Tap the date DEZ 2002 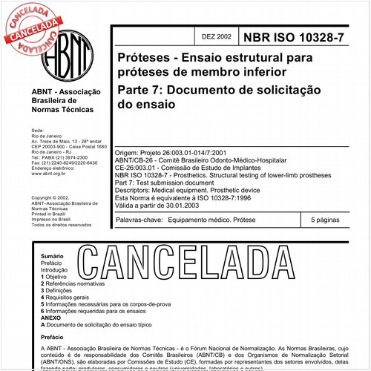(216, 36)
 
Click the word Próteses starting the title (137, 56)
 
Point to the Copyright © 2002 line (53, 198)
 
